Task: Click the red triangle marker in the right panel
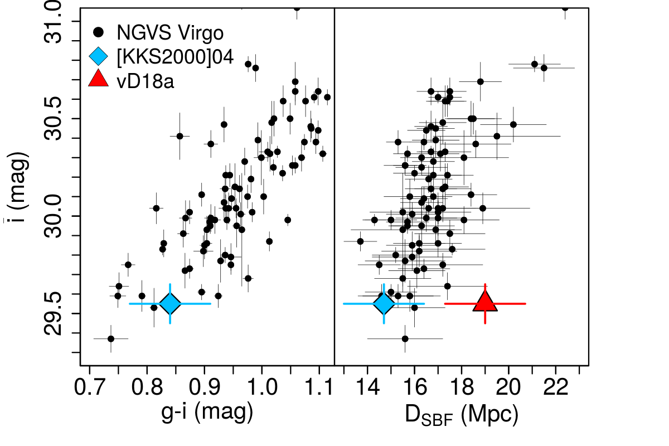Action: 485,302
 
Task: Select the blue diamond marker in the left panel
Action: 169,303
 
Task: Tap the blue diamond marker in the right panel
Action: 384,303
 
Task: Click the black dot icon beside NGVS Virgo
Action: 99,32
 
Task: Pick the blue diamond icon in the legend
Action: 99,56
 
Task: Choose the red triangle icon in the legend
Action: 99,79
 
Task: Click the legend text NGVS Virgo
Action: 170,32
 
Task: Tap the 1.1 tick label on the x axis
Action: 319,384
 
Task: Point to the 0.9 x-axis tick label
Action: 205,384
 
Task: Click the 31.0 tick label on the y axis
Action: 56,22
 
